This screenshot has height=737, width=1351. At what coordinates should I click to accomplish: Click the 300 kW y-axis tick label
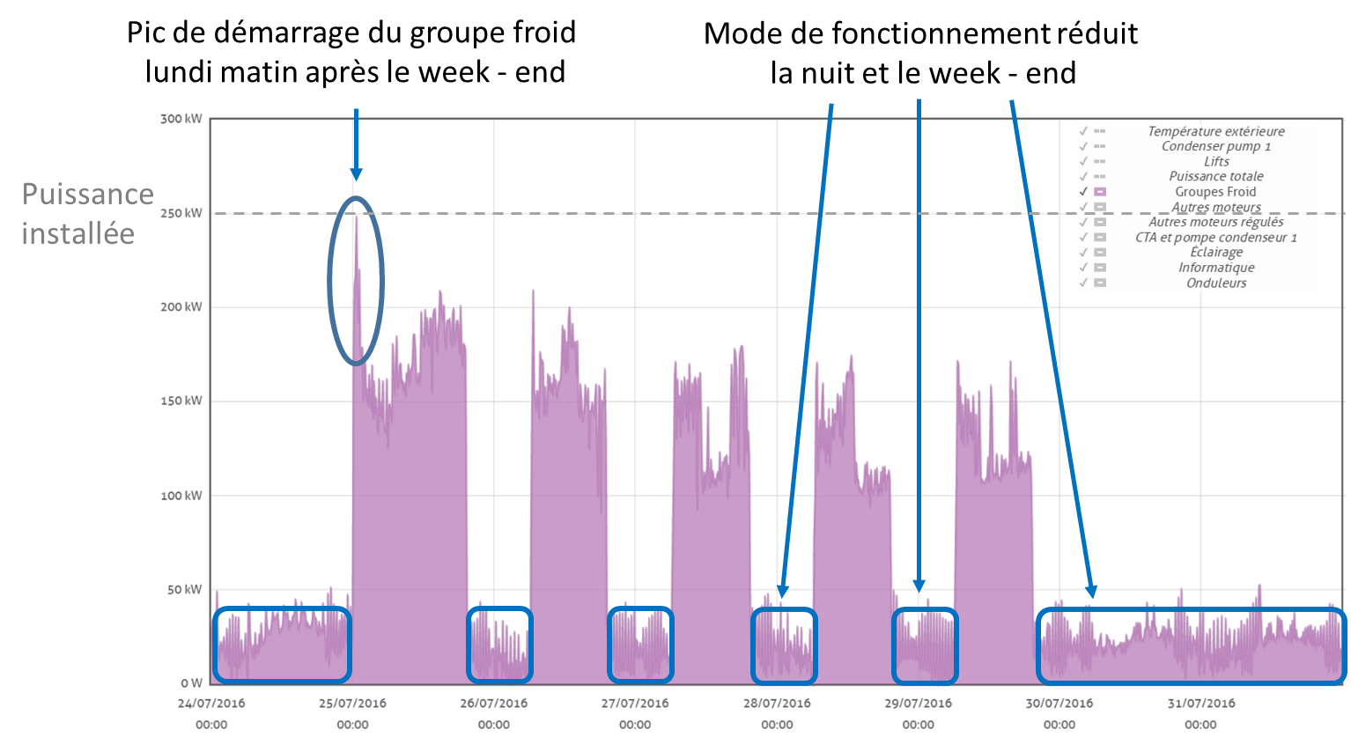pos(182,118)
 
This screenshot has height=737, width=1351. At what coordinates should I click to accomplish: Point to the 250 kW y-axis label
pos(182,213)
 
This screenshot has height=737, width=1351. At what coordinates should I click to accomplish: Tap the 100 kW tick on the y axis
pos(182,496)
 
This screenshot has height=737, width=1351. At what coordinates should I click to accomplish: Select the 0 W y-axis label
pos(191,683)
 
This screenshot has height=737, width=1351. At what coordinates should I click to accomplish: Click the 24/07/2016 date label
pos(210,704)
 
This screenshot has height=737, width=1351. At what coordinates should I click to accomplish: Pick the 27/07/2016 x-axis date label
pos(634,704)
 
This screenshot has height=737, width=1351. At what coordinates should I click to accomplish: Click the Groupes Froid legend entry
pos(1215,192)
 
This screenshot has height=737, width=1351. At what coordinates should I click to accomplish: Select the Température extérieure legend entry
pos(1215,131)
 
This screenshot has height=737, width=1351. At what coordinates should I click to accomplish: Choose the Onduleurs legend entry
pos(1215,283)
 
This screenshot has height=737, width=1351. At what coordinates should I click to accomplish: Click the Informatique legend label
pos(1215,268)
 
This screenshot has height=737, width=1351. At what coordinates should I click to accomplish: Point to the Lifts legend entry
pos(1215,162)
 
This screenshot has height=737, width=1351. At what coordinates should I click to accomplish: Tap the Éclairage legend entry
pos(1215,253)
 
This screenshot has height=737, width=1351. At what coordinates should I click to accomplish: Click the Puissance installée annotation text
pos(87,214)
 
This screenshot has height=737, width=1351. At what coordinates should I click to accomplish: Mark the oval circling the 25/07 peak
pos(356,280)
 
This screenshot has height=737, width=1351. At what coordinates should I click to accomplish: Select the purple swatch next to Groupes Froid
pos(1100,192)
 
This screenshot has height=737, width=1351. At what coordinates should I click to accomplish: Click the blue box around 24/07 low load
pos(282,645)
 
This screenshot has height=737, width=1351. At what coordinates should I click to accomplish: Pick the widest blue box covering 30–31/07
pos(1191,645)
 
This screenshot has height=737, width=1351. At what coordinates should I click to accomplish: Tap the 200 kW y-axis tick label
pos(182,307)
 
